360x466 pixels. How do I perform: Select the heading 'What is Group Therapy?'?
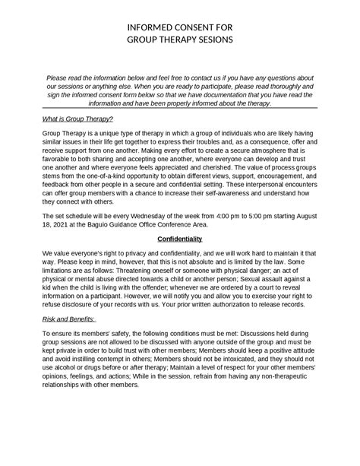(x=77, y=119)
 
